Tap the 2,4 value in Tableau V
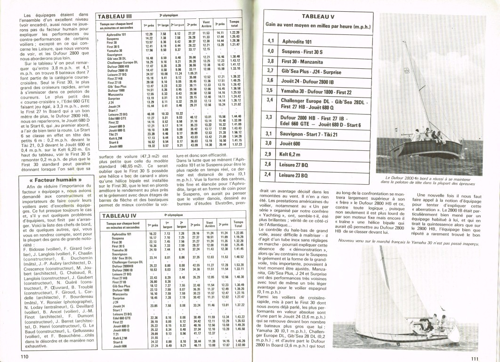[270, 174]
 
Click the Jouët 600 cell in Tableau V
[291, 143]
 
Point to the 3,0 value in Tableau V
[270, 143]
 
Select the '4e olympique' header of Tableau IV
[172, 214]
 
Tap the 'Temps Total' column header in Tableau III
[234, 23]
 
